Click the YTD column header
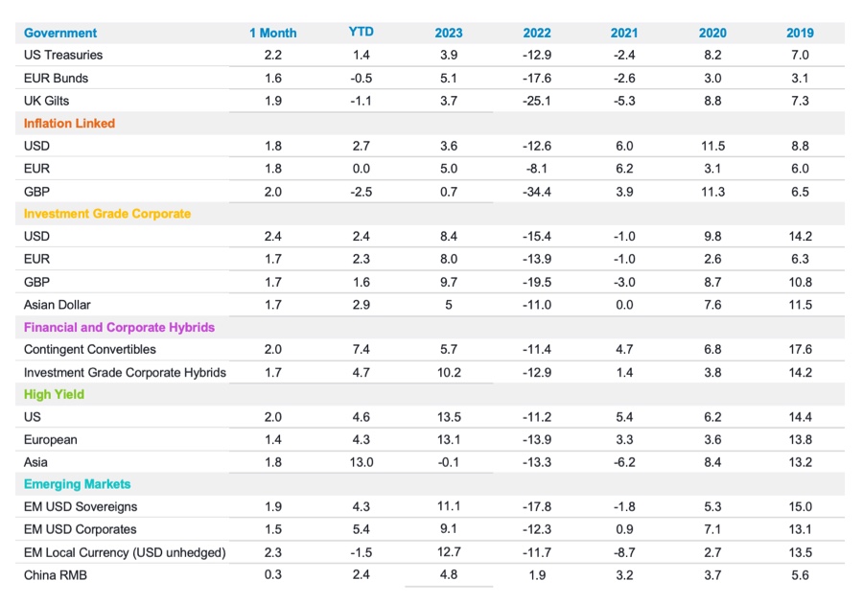(x=361, y=32)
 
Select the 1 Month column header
(x=272, y=33)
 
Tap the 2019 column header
(x=800, y=33)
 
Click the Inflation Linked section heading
(x=69, y=123)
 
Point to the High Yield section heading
(x=54, y=394)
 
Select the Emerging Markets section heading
(x=77, y=484)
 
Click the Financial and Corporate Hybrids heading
(x=119, y=327)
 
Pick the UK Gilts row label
(x=46, y=101)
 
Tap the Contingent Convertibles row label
(x=89, y=349)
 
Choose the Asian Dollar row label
(x=58, y=304)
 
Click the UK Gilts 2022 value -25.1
(x=537, y=101)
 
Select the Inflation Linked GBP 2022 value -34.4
(x=537, y=191)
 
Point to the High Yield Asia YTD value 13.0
(x=361, y=462)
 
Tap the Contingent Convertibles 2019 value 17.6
(x=800, y=349)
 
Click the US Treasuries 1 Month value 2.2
(x=272, y=55)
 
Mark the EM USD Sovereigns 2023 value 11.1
(x=449, y=506)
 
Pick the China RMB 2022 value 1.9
(x=537, y=574)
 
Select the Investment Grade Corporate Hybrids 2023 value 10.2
(x=449, y=372)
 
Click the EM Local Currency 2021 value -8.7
(x=624, y=552)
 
